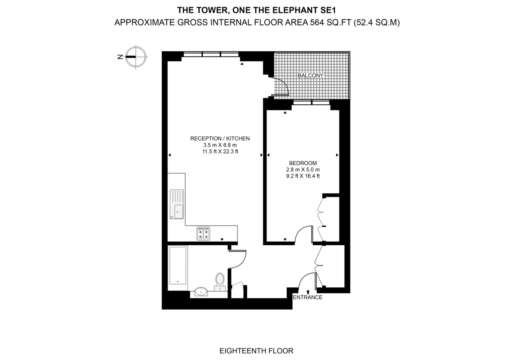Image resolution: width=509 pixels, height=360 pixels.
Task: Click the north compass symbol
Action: (x=135, y=57)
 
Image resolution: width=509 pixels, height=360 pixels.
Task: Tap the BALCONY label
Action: (x=310, y=75)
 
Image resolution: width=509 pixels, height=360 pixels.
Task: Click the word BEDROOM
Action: (x=302, y=163)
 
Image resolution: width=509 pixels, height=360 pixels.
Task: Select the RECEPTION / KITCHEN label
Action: (x=220, y=138)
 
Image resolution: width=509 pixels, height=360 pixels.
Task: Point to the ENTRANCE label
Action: (x=307, y=297)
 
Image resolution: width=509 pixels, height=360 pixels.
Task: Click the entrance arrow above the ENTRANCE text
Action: (x=308, y=291)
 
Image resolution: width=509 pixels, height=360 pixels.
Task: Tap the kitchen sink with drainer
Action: (x=177, y=204)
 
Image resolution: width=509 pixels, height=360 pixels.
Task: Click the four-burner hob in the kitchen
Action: (x=204, y=233)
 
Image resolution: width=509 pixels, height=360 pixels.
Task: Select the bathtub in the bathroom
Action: (x=177, y=265)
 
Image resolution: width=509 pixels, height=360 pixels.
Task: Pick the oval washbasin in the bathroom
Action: (x=201, y=291)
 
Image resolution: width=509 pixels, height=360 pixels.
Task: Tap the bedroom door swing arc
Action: (x=303, y=234)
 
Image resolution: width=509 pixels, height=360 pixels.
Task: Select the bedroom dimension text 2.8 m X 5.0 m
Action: (x=302, y=169)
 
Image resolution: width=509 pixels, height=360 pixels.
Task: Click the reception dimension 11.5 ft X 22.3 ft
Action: (x=220, y=151)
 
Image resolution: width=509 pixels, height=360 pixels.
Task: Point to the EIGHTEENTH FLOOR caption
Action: (x=256, y=351)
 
